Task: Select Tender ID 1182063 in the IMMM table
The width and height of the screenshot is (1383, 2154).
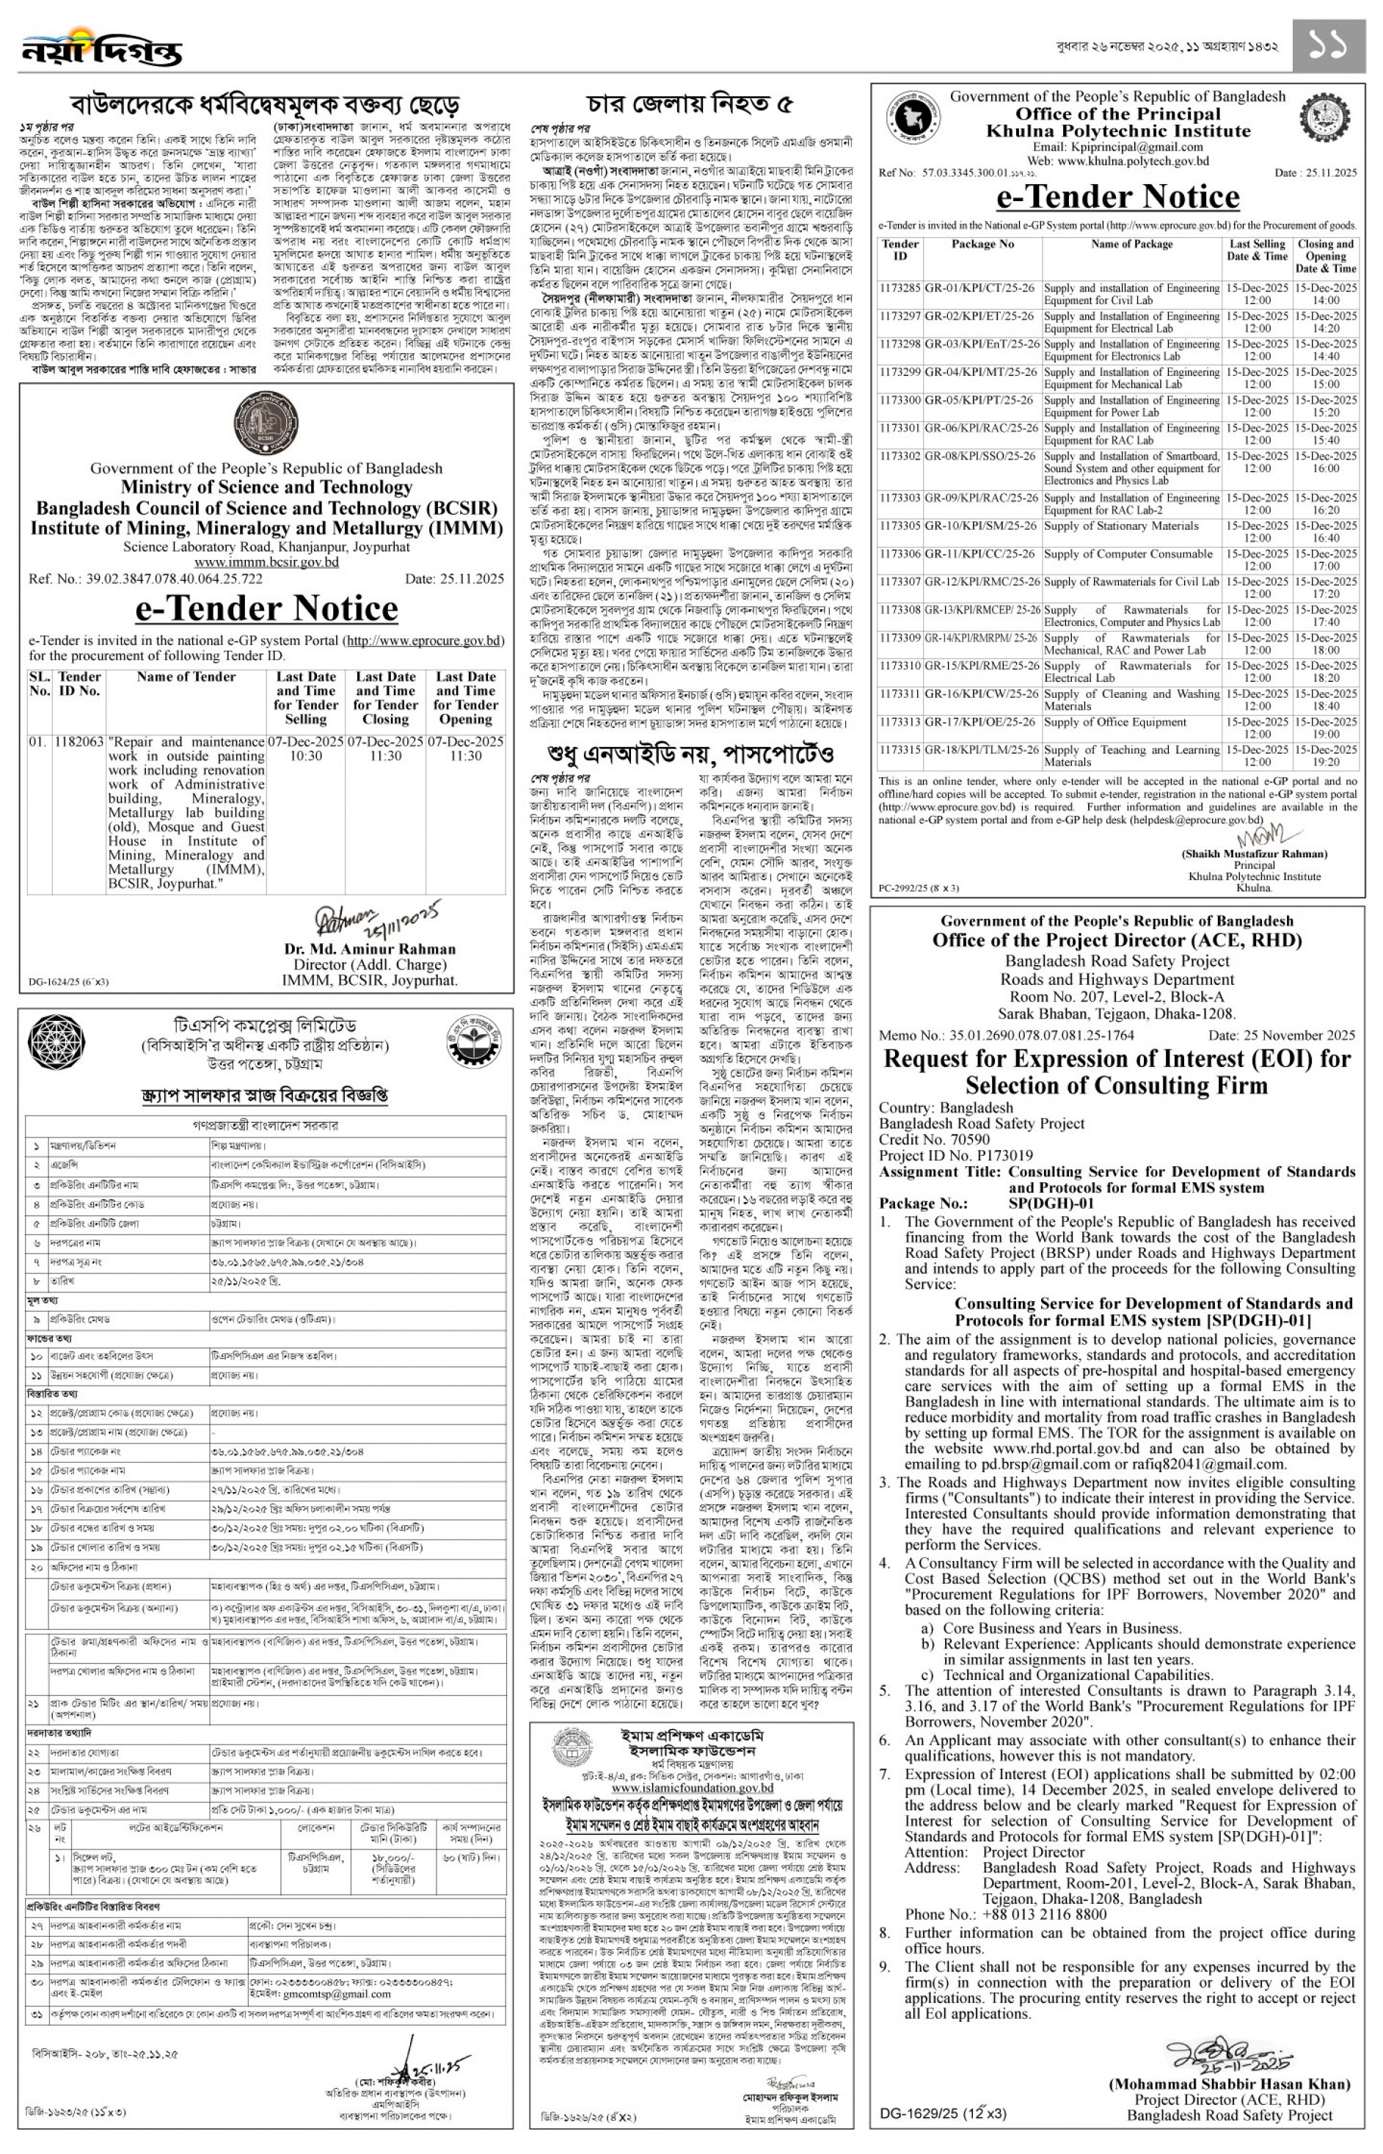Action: point(79,742)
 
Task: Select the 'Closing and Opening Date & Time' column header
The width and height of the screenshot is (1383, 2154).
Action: point(1326,256)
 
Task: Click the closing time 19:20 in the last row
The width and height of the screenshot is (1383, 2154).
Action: point(1326,762)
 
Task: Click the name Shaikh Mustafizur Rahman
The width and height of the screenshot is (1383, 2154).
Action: point(1254,854)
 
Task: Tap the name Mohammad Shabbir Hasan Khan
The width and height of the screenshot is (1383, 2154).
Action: point(1230,2084)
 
